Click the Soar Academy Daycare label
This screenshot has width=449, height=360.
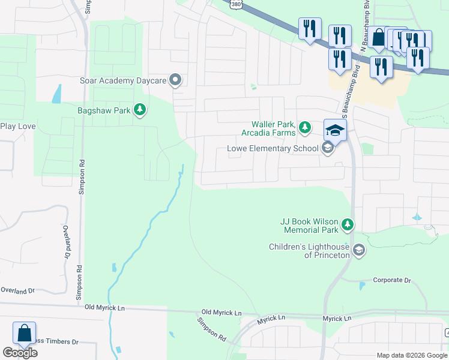pos(124,80)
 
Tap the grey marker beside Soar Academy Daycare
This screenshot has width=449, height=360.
pos(176,79)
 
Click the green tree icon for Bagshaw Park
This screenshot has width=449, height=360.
pos(140,109)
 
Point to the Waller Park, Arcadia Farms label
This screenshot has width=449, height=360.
pos(268,128)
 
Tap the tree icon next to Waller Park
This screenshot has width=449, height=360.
pos(305,127)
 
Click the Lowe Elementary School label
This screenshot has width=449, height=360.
pos(272,149)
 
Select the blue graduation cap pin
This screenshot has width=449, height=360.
pos(336,130)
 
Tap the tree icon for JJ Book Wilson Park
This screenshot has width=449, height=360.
pos(347,225)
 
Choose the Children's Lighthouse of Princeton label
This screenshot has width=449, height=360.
pos(309,251)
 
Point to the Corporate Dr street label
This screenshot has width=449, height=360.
pos(391,280)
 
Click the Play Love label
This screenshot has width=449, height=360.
pos(17,126)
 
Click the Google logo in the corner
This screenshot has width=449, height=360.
pos(20,353)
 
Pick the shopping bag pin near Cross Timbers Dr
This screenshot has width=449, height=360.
pos(25,334)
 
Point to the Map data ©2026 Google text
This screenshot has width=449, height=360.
pos(411,355)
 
